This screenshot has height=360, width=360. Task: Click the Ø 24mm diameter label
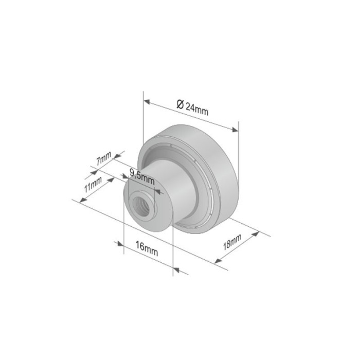point(192,107)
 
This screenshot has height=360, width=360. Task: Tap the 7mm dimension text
point(104,158)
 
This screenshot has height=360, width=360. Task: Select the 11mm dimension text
point(93,185)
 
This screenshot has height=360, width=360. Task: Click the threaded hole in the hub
point(139,203)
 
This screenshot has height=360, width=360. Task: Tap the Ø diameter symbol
point(179,103)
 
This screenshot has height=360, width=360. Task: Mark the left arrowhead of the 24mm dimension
point(146,101)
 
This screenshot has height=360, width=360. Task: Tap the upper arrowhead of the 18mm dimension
point(255,235)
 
